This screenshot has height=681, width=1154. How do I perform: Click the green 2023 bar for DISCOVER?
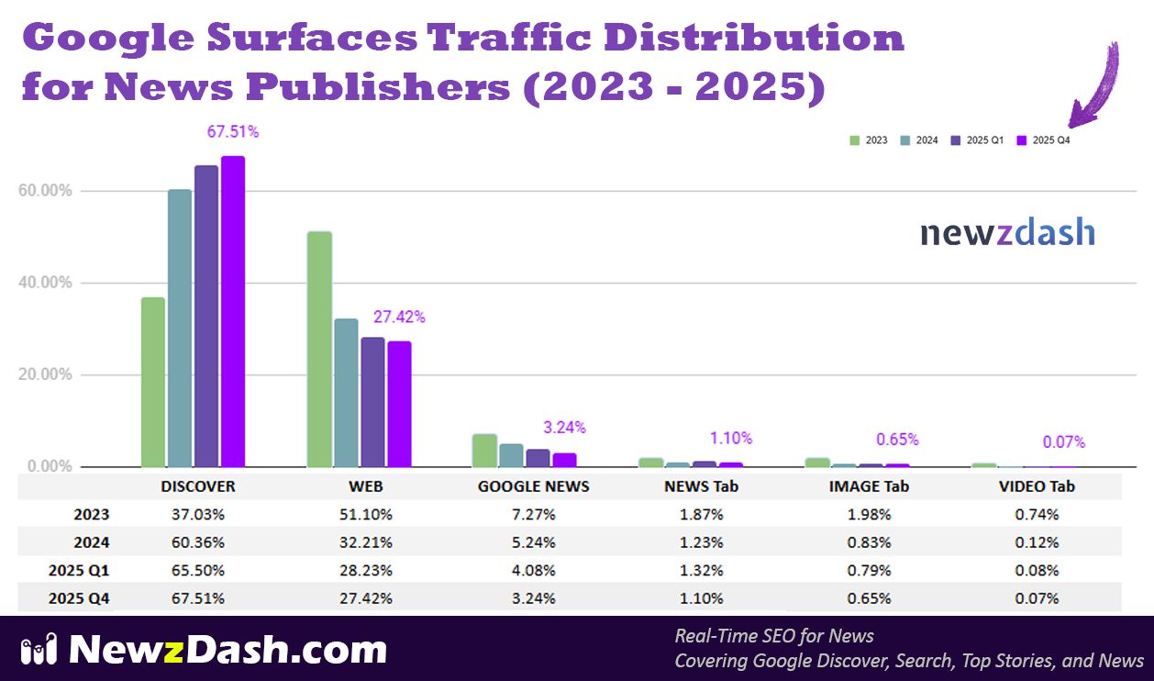tap(153, 382)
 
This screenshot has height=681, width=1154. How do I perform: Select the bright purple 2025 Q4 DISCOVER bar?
tap(233, 312)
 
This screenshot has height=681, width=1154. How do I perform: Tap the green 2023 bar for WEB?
tap(319, 349)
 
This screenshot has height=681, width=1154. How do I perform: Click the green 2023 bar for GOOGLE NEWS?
tap(484, 451)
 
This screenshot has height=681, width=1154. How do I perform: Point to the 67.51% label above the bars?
tap(233, 132)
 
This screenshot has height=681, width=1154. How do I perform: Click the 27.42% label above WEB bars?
tap(399, 318)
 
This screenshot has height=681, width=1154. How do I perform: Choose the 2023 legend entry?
tap(869, 140)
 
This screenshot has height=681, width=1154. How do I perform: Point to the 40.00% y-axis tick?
tap(45, 283)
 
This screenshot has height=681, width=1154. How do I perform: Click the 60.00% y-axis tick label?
tap(45, 191)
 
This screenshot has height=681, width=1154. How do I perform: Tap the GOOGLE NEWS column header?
tap(534, 486)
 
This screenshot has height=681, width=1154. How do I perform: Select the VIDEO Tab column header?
tap(1037, 486)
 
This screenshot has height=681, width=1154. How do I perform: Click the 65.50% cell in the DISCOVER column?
tap(198, 570)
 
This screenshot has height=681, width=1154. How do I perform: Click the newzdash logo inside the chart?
tap(1007, 232)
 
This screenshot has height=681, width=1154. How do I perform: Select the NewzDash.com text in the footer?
tap(227, 650)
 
